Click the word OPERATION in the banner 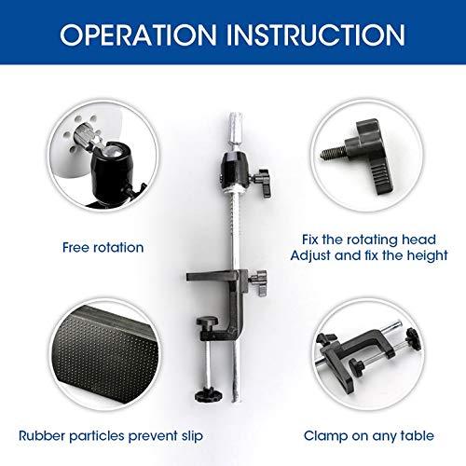point(138,34)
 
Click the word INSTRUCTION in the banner point(316,34)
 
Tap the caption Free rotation point(103,248)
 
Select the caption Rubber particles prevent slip point(111,436)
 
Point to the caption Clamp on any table point(369,436)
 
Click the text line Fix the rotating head point(369,240)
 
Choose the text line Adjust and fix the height point(369,255)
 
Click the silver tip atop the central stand point(236,128)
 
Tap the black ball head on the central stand point(235,171)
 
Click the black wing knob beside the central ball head point(263,183)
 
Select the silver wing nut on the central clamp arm point(258,281)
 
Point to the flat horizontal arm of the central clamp point(212,276)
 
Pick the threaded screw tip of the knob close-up point(333,152)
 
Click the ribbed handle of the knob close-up point(381,178)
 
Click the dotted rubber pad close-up point(105,353)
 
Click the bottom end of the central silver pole point(237,401)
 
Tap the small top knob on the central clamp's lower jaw point(207,323)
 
